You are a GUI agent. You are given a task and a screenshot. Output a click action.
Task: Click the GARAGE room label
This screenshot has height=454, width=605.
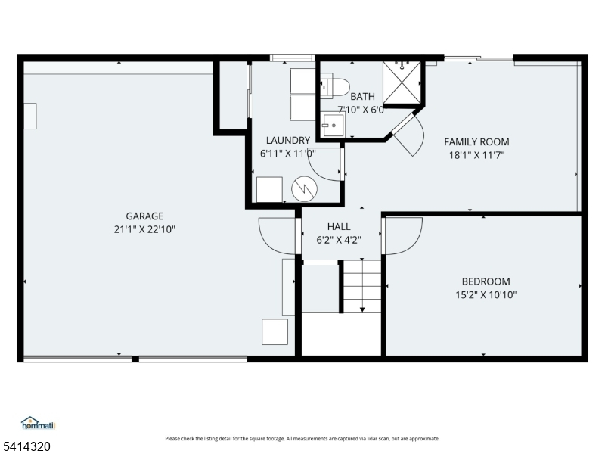pos(144,216)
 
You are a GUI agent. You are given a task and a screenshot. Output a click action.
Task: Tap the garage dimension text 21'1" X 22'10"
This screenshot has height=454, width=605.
pos(144,230)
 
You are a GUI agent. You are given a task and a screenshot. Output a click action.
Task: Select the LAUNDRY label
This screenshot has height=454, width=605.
pos(288,140)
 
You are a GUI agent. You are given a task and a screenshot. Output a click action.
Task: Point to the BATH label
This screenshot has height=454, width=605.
pos(362,96)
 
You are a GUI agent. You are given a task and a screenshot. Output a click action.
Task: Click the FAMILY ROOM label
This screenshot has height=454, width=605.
pos(476,142)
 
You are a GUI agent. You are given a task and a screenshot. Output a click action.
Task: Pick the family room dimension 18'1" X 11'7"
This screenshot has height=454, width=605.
pos(476,155)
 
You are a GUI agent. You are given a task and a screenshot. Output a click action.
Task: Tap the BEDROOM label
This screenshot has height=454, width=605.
pos(486,281)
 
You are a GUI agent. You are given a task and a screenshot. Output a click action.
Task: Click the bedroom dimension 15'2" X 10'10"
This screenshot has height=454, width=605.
pos(486,295)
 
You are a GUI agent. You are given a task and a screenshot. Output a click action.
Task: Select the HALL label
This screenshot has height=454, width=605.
pos(339,226)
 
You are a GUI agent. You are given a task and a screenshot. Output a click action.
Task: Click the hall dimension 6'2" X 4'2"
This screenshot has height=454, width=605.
pos(339,240)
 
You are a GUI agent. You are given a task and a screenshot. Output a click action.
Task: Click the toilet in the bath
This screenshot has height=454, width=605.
pos(334,88)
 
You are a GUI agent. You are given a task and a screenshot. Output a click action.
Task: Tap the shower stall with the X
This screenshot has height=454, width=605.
pos(402,83)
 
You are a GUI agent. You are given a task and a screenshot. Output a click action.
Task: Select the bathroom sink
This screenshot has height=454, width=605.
pos(334,125)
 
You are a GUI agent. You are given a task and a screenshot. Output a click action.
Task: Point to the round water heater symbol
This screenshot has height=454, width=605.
pos(305,189)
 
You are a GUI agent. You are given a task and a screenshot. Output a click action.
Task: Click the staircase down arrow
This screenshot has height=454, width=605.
pos(362,286)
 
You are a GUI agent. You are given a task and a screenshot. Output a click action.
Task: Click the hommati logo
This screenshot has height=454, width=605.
pos(39,423)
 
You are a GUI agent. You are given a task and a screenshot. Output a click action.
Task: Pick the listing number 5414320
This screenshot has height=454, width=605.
pos(25,446)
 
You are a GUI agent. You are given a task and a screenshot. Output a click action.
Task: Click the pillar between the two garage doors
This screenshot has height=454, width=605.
pos(135,359)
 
